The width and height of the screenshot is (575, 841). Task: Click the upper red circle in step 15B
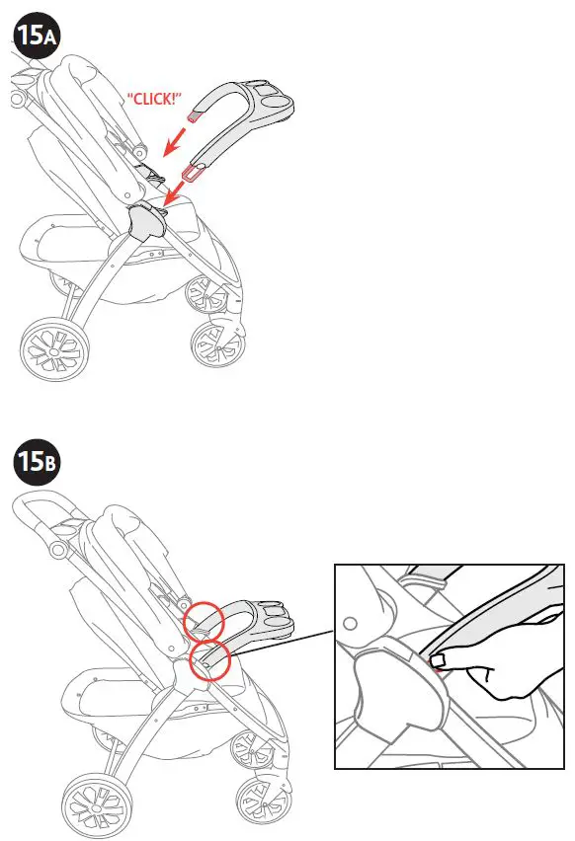(203, 620)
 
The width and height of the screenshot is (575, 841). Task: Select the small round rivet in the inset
(351, 624)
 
